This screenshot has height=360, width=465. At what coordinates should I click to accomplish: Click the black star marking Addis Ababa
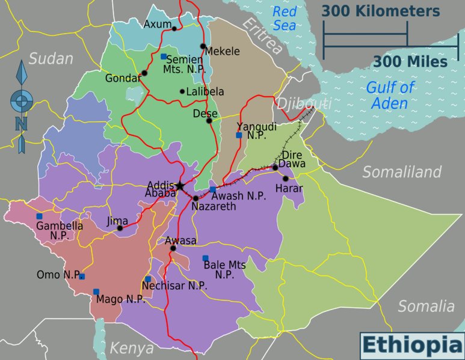(179, 186)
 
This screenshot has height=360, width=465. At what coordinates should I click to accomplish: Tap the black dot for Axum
(174, 28)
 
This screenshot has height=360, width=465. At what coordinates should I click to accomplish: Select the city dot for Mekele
(203, 46)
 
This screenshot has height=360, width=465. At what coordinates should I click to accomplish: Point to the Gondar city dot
(144, 73)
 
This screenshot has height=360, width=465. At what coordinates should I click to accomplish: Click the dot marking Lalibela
(182, 91)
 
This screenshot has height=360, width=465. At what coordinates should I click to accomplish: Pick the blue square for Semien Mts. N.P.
(164, 56)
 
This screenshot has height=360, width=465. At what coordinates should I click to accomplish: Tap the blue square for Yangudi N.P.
(239, 135)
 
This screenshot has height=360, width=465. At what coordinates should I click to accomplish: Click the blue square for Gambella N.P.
(39, 216)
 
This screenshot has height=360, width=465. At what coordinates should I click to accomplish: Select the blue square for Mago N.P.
(96, 291)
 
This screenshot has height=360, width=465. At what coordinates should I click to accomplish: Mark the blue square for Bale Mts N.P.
(205, 258)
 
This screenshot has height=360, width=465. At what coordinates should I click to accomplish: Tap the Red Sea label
(284, 18)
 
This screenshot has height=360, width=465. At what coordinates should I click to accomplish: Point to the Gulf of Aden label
(390, 95)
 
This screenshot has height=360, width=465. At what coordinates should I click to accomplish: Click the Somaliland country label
(401, 172)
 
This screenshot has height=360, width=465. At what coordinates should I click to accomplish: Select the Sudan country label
(51, 59)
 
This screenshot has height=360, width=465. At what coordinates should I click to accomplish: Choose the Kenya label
(131, 347)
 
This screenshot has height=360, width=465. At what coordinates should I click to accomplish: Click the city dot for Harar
(286, 178)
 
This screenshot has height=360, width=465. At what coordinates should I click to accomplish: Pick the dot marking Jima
(120, 228)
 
